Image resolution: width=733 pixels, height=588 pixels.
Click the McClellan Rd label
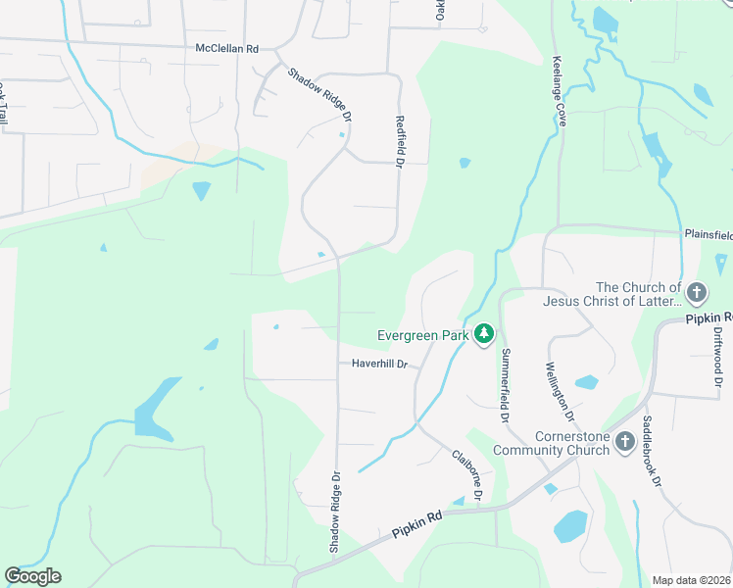point(226,47)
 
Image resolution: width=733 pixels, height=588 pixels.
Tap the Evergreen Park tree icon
point(483,335)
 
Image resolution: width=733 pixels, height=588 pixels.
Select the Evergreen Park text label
point(421,335)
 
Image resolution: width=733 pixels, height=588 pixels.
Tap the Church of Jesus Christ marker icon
point(697,293)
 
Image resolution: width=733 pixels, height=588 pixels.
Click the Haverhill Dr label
point(378,364)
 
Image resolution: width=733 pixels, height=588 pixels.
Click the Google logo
point(32,576)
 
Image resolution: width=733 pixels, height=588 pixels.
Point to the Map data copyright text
point(692,580)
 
